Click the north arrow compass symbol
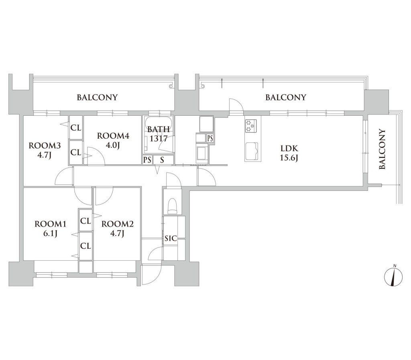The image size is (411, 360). point(393,277)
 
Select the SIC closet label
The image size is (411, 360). point(171,239)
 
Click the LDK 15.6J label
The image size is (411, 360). point(289,153)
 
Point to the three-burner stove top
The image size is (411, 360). point(251,126)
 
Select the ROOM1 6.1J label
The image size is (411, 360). point(51,229)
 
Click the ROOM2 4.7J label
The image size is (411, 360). point(118,229)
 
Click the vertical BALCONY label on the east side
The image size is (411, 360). point(383,149)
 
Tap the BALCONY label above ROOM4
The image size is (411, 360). point(97,98)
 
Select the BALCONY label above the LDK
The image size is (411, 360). point(286,98)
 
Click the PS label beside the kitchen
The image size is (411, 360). point(210,138)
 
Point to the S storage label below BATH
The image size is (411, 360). point(162,160)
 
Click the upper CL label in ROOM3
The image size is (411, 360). point(76,128)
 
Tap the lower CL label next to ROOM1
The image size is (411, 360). point(85,246)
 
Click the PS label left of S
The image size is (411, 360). point(148,160)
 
